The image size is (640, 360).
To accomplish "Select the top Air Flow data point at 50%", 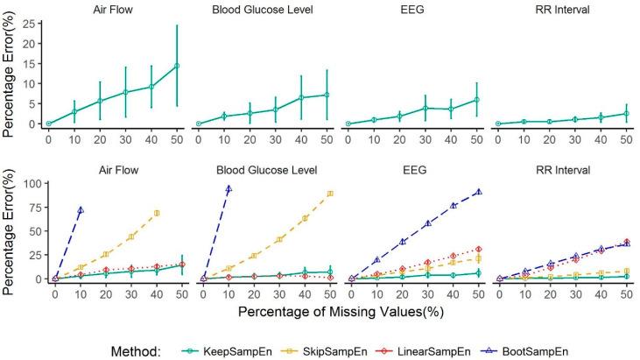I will tap(177, 66).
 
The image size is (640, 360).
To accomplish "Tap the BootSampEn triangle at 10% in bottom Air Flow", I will tap(81, 210).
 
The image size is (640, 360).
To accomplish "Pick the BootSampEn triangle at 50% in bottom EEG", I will tap(478, 191).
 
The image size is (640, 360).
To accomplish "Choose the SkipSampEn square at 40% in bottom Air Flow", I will tap(157, 213).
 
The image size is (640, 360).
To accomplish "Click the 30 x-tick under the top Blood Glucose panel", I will tap(275, 139).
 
